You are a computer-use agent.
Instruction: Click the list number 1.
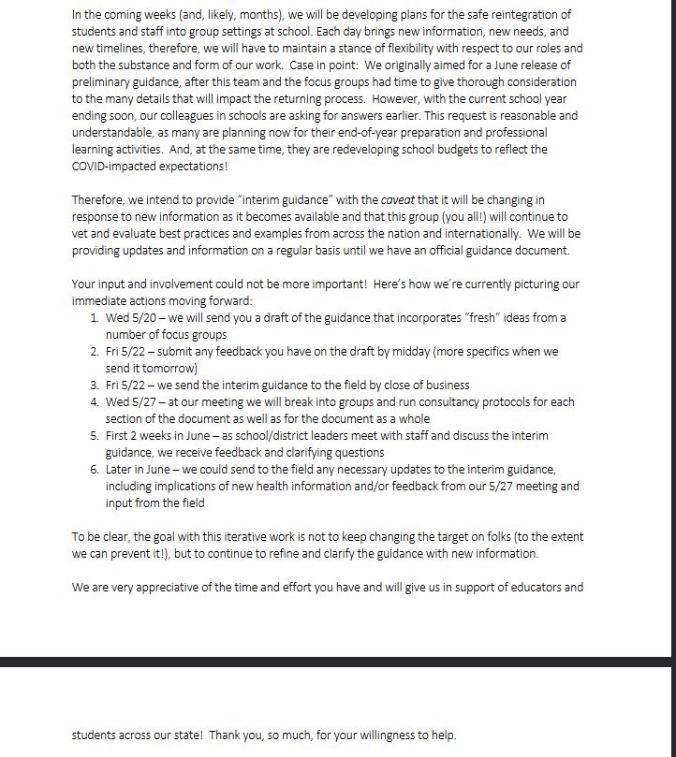(95, 317)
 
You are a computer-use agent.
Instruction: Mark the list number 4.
(95, 401)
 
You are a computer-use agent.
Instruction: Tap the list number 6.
(95, 469)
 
